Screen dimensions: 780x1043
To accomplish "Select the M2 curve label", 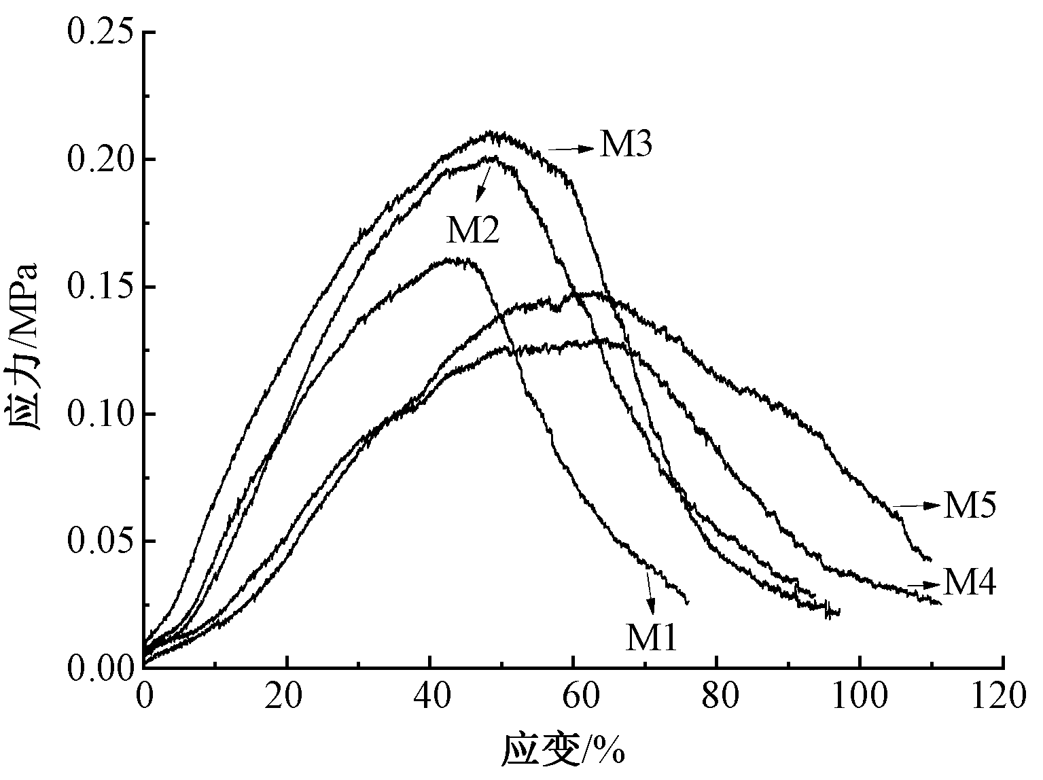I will pyautogui.click(x=473, y=231).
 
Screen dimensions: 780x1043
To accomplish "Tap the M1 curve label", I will pyautogui.click(x=652, y=638).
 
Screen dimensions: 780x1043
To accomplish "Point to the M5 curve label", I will pyautogui.click(x=970, y=506).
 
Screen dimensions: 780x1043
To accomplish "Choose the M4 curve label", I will pyautogui.click(x=970, y=582).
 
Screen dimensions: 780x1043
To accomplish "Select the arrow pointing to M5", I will pyautogui.click(x=917, y=506).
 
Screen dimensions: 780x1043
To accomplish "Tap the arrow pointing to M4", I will pyautogui.click(x=924, y=584).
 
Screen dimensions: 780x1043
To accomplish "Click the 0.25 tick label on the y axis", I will pyautogui.click(x=100, y=33).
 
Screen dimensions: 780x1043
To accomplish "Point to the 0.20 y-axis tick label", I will pyautogui.click(x=100, y=160).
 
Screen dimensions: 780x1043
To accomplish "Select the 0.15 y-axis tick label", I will pyautogui.click(x=100, y=287).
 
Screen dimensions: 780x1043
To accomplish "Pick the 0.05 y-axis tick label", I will pyautogui.click(x=100, y=542).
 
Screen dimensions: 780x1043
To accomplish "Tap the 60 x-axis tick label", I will pyautogui.click(x=573, y=698).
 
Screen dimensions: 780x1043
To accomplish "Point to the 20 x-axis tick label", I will pyautogui.click(x=287, y=698).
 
